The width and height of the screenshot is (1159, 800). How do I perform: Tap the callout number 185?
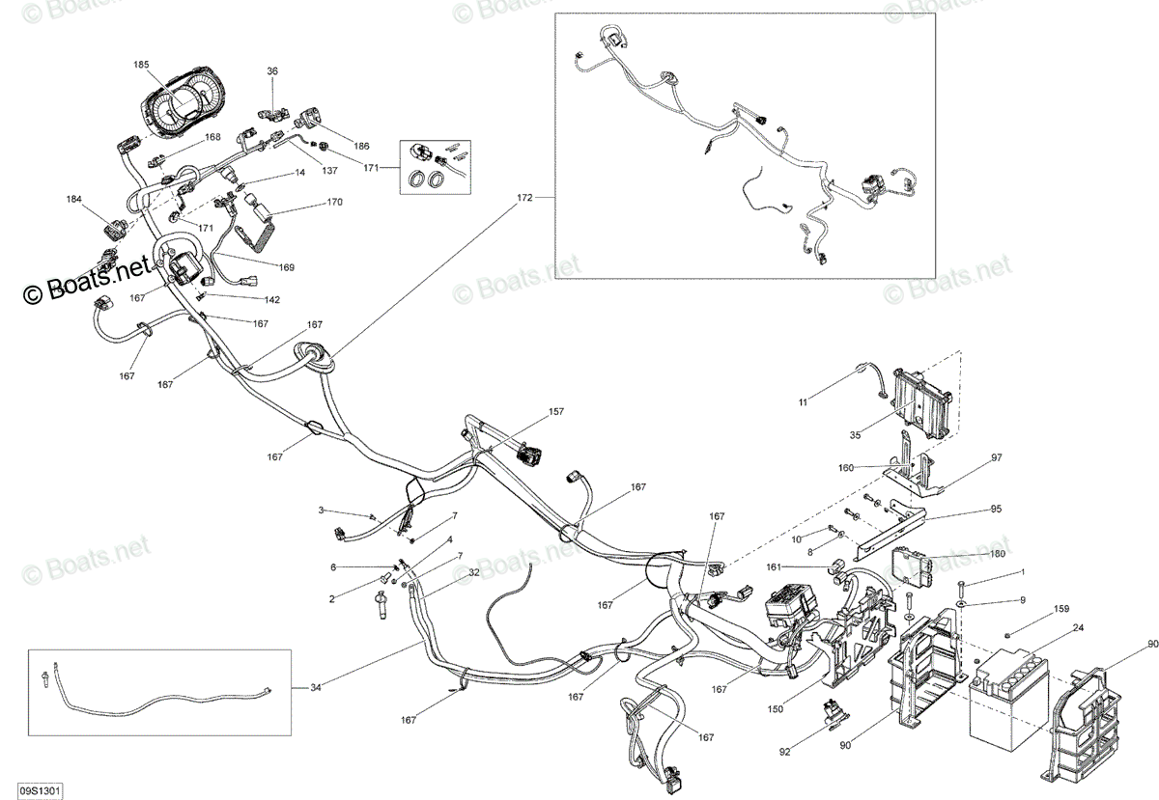tap(141, 65)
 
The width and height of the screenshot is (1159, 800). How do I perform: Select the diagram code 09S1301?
tap(40, 790)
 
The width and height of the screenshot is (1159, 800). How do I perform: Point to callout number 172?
tap(524, 198)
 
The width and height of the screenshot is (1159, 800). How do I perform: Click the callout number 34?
tap(316, 688)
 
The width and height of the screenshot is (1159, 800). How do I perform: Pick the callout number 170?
tap(335, 202)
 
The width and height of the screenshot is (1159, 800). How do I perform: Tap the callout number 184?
tap(74, 199)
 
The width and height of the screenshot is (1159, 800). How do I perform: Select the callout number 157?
tap(556, 412)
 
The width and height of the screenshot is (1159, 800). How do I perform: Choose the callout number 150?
tap(775, 709)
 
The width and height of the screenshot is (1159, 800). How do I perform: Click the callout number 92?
tap(785, 752)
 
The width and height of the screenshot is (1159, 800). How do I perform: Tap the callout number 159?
tap(1061, 609)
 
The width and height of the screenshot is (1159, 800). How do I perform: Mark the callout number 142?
tap(271, 299)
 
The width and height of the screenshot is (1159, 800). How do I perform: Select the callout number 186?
tap(361, 146)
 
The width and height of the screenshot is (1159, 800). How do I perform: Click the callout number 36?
tap(272, 70)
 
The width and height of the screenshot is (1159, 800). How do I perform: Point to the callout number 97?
tap(997, 457)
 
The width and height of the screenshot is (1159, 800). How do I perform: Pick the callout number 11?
tap(803, 402)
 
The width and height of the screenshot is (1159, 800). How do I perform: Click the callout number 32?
tap(474, 572)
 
